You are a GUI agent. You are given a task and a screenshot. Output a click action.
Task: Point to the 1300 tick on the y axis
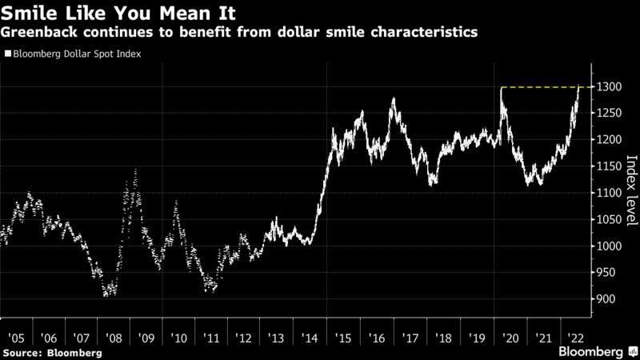(x=606, y=86)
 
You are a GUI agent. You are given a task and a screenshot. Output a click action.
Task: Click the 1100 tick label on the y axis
(x=606, y=193)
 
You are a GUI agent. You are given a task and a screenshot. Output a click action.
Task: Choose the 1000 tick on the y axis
(x=606, y=246)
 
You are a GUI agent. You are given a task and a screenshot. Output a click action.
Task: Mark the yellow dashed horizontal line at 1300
(x=544, y=86)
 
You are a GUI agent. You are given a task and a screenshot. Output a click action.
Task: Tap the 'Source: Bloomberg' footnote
(x=52, y=352)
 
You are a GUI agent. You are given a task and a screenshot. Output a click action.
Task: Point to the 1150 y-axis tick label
(x=606, y=166)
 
